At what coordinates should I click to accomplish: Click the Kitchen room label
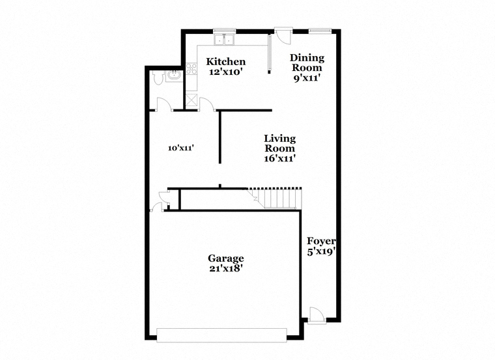(x=226, y=62)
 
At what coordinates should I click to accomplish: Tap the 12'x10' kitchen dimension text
(x=226, y=72)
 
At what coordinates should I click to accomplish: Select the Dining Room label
(x=307, y=62)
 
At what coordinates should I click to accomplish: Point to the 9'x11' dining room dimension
(x=307, y=78)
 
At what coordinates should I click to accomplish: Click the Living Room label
(x=279, y=143)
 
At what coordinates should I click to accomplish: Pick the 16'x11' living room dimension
(x=279, y=158)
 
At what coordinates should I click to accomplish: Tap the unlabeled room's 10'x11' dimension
(x=180, y=148)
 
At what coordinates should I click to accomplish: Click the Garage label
(x=226, y=258)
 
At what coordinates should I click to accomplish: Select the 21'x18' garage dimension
(x=226, y=268)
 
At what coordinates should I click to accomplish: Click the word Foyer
(x=321, y=242)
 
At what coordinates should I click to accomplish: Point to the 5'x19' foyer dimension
(x=321, y=252)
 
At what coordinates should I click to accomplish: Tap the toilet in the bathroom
(x=158, y=77)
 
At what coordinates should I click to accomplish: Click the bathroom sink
(x=174, y=76)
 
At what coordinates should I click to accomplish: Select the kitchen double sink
(x=224, y=40)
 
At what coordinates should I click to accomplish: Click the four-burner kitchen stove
(x=191, y=69)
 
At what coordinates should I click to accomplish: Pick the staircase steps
(x=276, y=199)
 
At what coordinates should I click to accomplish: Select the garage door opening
(x=221, y=335)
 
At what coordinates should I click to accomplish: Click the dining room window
(x=320, y=31)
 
